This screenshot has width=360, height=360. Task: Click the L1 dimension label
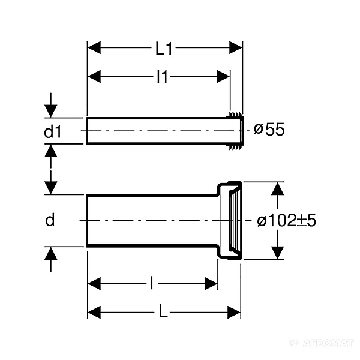(x=164, y=49)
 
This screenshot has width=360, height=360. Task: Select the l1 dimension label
(x=163, y=76)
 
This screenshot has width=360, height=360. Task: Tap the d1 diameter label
(x=53, y=131)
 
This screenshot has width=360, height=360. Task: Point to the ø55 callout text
(x=269, y=130)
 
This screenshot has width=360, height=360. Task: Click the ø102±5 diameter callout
(x=287, y=221)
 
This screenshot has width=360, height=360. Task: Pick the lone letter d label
(x=50, y=220)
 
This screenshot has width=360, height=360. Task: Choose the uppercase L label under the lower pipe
(x=163, y=313)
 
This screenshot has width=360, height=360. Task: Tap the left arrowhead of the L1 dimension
(x=94, y=48)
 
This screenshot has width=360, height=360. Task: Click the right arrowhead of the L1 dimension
(x=236, y=48)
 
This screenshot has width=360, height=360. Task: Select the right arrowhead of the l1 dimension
(x=223, y=76)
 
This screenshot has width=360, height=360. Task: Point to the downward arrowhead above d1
(x=51, y=111)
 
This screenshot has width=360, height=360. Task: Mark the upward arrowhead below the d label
(x=51, y=254)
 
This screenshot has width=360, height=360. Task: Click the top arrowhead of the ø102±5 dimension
(x=278, y=189)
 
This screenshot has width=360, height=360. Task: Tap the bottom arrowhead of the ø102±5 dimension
(x=278, y=253)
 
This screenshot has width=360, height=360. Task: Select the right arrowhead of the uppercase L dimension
(x=234, y=312)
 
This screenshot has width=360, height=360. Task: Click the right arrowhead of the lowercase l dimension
(x=211, y=284)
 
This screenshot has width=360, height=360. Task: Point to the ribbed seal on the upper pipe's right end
(x=235, y=131)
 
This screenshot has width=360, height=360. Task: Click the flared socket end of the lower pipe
(x=229, y=221)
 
